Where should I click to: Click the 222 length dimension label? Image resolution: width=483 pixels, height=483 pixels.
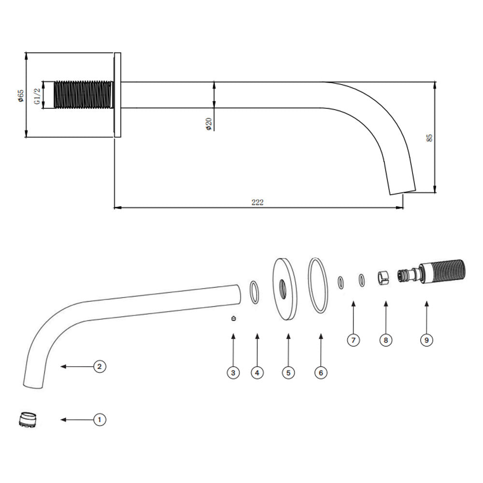point(257,202)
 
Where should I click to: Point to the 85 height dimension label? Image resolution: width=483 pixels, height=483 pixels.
point(429,138)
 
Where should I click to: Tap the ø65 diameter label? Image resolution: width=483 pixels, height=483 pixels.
point(21,96)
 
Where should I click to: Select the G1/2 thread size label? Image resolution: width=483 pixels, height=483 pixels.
point(37,96)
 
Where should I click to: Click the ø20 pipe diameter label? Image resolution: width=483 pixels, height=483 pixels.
point(209,124)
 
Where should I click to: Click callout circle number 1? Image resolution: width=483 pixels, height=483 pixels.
point(99,420)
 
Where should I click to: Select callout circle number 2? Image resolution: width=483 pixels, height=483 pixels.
point(99,367)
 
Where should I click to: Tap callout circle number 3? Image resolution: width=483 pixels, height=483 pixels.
point(233,373)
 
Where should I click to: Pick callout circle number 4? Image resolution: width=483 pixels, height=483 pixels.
point(257,373)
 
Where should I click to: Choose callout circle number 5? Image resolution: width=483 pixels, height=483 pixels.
point(288,373)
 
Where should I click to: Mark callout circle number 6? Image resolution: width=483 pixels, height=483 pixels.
point(321,373)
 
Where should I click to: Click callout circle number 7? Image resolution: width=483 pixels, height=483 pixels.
point(354,340)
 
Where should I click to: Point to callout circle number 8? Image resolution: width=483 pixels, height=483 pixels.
point(385,340)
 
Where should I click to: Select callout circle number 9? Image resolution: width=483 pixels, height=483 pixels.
point(426,340)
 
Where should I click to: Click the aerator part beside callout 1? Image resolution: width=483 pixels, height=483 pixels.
point(28,420)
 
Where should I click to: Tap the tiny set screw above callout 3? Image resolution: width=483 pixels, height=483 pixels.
point(233,318)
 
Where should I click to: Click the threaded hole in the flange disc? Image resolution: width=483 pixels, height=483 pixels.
point(283,289)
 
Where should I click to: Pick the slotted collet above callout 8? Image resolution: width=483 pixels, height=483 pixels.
point(383,277)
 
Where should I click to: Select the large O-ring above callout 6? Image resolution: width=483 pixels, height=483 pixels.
point(318,285)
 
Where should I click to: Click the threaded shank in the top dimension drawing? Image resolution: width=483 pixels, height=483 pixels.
point(83,95)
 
